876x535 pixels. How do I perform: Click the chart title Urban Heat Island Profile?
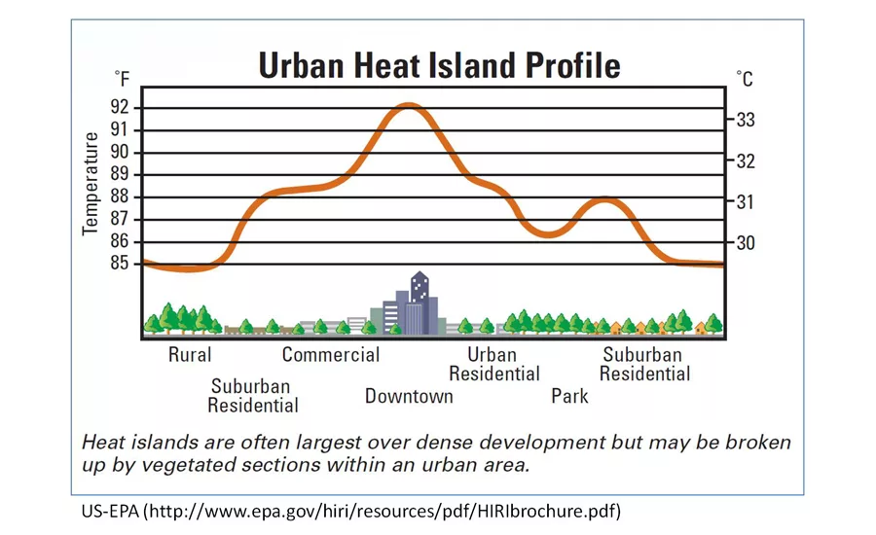pos(439,65)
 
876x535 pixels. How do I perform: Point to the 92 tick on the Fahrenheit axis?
pos(119,107)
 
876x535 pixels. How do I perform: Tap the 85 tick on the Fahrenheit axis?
pos(119,263)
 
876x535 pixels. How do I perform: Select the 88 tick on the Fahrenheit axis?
pos(119,196)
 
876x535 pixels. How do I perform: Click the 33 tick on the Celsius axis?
pos(746,120)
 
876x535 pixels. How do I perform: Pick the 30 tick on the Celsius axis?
pos(746,243)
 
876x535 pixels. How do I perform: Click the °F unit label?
pos(123,79)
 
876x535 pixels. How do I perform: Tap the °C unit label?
pos(745,79)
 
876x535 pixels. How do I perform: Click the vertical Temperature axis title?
pos(90,184)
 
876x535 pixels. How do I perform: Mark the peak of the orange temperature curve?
pos(410,106)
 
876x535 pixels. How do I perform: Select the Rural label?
pos(190,355)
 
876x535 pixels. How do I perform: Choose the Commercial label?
pos(331,355)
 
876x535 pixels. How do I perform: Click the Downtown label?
pos(409,396)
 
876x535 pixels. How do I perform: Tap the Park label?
pos(569,396)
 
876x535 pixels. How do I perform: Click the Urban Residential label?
pos(494,364)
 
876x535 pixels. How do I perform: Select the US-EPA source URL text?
pos(350,511)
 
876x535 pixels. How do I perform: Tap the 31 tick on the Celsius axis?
pos(746,201)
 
